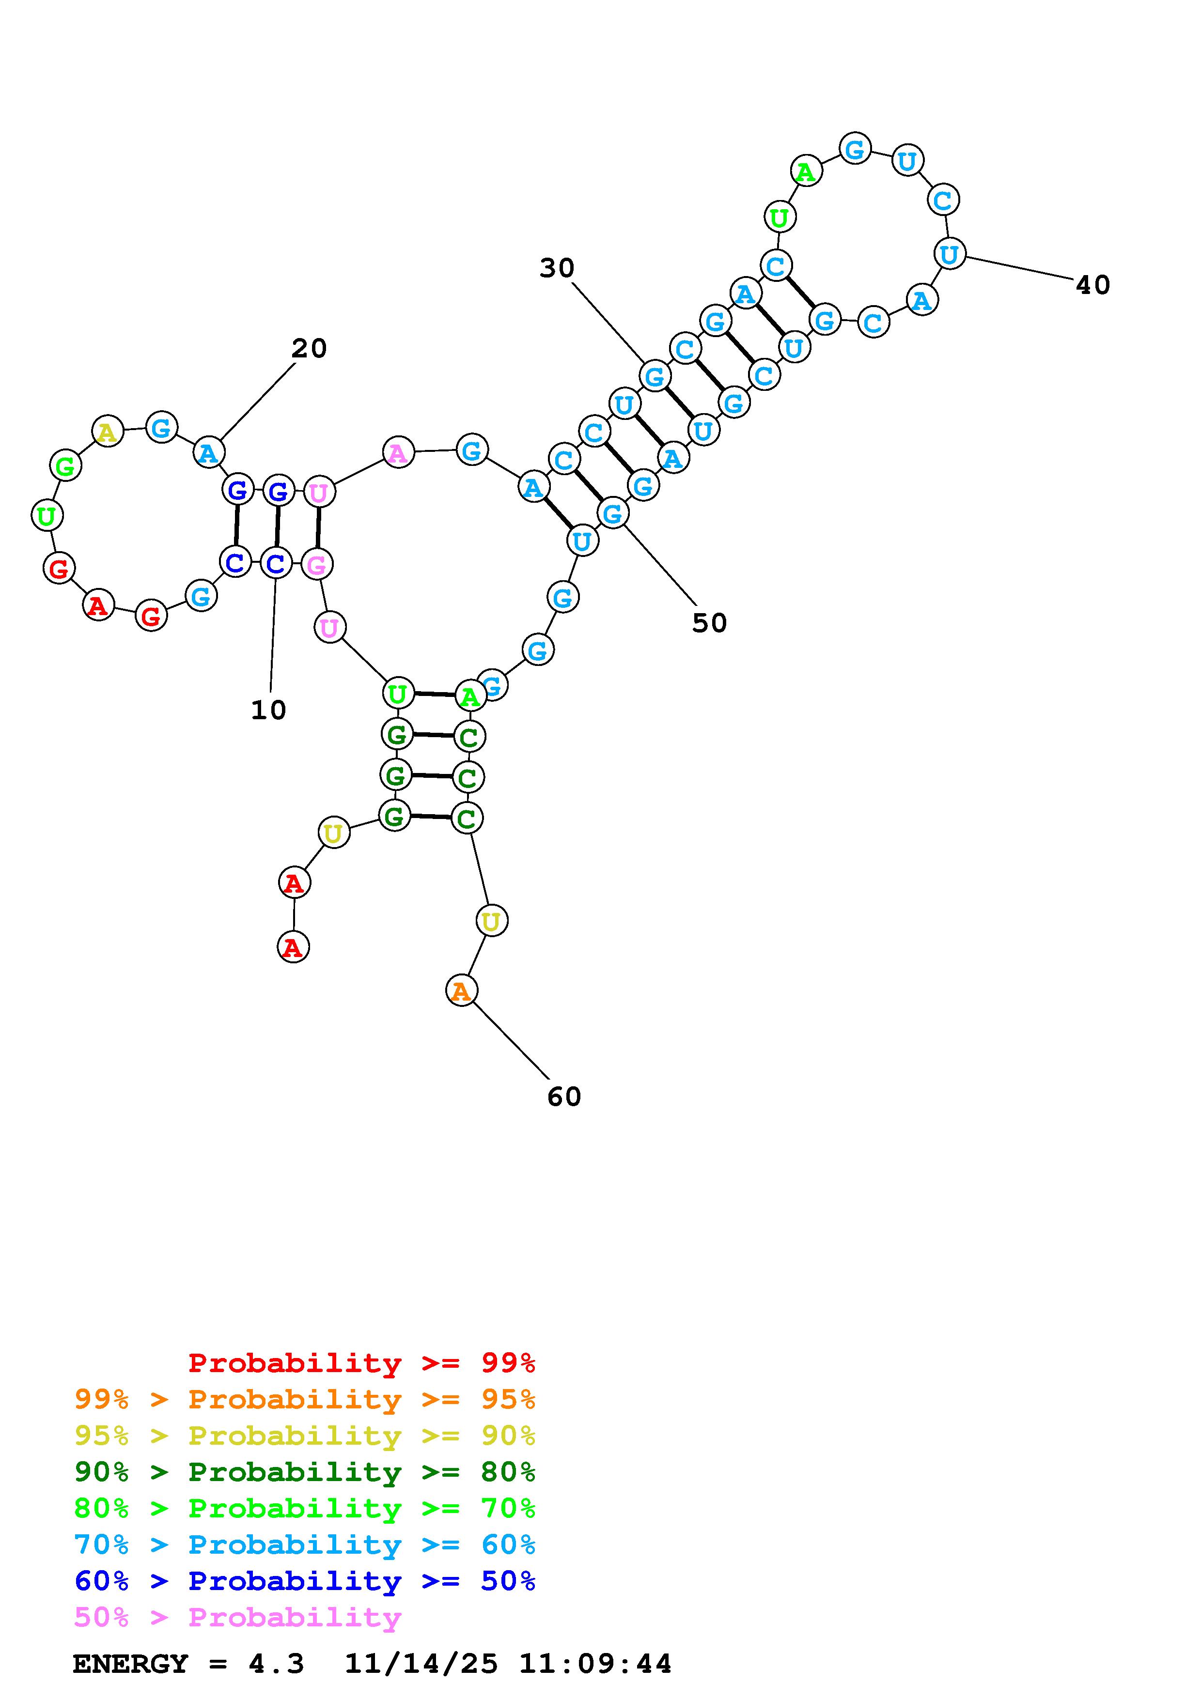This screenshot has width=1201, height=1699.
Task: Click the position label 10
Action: point(268,710)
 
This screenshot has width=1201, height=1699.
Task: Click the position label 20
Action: point(309,349)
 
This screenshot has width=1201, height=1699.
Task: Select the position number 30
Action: point(557,268)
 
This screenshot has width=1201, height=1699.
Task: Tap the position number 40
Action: point(1092,285)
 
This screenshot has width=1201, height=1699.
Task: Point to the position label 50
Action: point(709,623)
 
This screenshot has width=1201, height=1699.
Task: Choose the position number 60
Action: point(564,1097)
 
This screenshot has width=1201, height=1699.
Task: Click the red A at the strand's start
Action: point(293,947)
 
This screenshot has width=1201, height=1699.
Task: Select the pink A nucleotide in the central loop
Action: point(398,452)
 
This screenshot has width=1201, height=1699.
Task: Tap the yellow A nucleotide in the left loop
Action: point(107,432)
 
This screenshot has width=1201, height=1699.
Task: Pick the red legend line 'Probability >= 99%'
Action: point(361,1363)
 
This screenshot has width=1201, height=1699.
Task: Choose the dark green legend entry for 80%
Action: point(305,1472)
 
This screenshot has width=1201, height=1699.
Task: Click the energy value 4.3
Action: point(276,1664)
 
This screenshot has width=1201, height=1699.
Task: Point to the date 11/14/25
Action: point(421,1664)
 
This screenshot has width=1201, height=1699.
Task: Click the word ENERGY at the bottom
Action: point(130,1664)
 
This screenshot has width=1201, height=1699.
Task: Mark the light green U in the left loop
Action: point(47,516)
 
